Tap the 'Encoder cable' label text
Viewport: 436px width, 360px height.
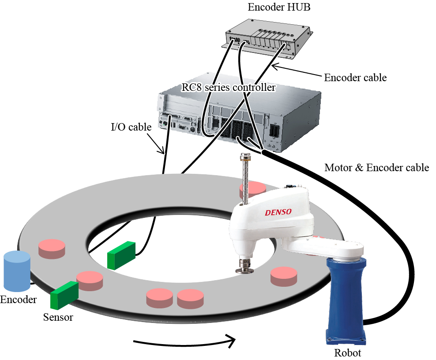tap(355, 78)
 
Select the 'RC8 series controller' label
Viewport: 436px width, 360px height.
tap(229, 87)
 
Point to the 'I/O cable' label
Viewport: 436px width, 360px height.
tap(131, 127)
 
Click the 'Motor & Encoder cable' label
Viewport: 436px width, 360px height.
tap(376, 168)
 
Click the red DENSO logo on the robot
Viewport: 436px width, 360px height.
tap(278, 212)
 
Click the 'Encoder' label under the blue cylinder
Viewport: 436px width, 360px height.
tap(18, 300)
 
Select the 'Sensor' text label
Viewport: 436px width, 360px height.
tap(58, 317)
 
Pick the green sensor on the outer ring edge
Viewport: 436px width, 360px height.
tap(64, 294)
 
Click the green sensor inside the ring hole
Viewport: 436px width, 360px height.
tap(121, 255)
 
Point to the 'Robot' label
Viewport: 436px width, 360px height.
tap(347, 353)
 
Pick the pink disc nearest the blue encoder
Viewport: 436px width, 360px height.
tap(52, 248)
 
